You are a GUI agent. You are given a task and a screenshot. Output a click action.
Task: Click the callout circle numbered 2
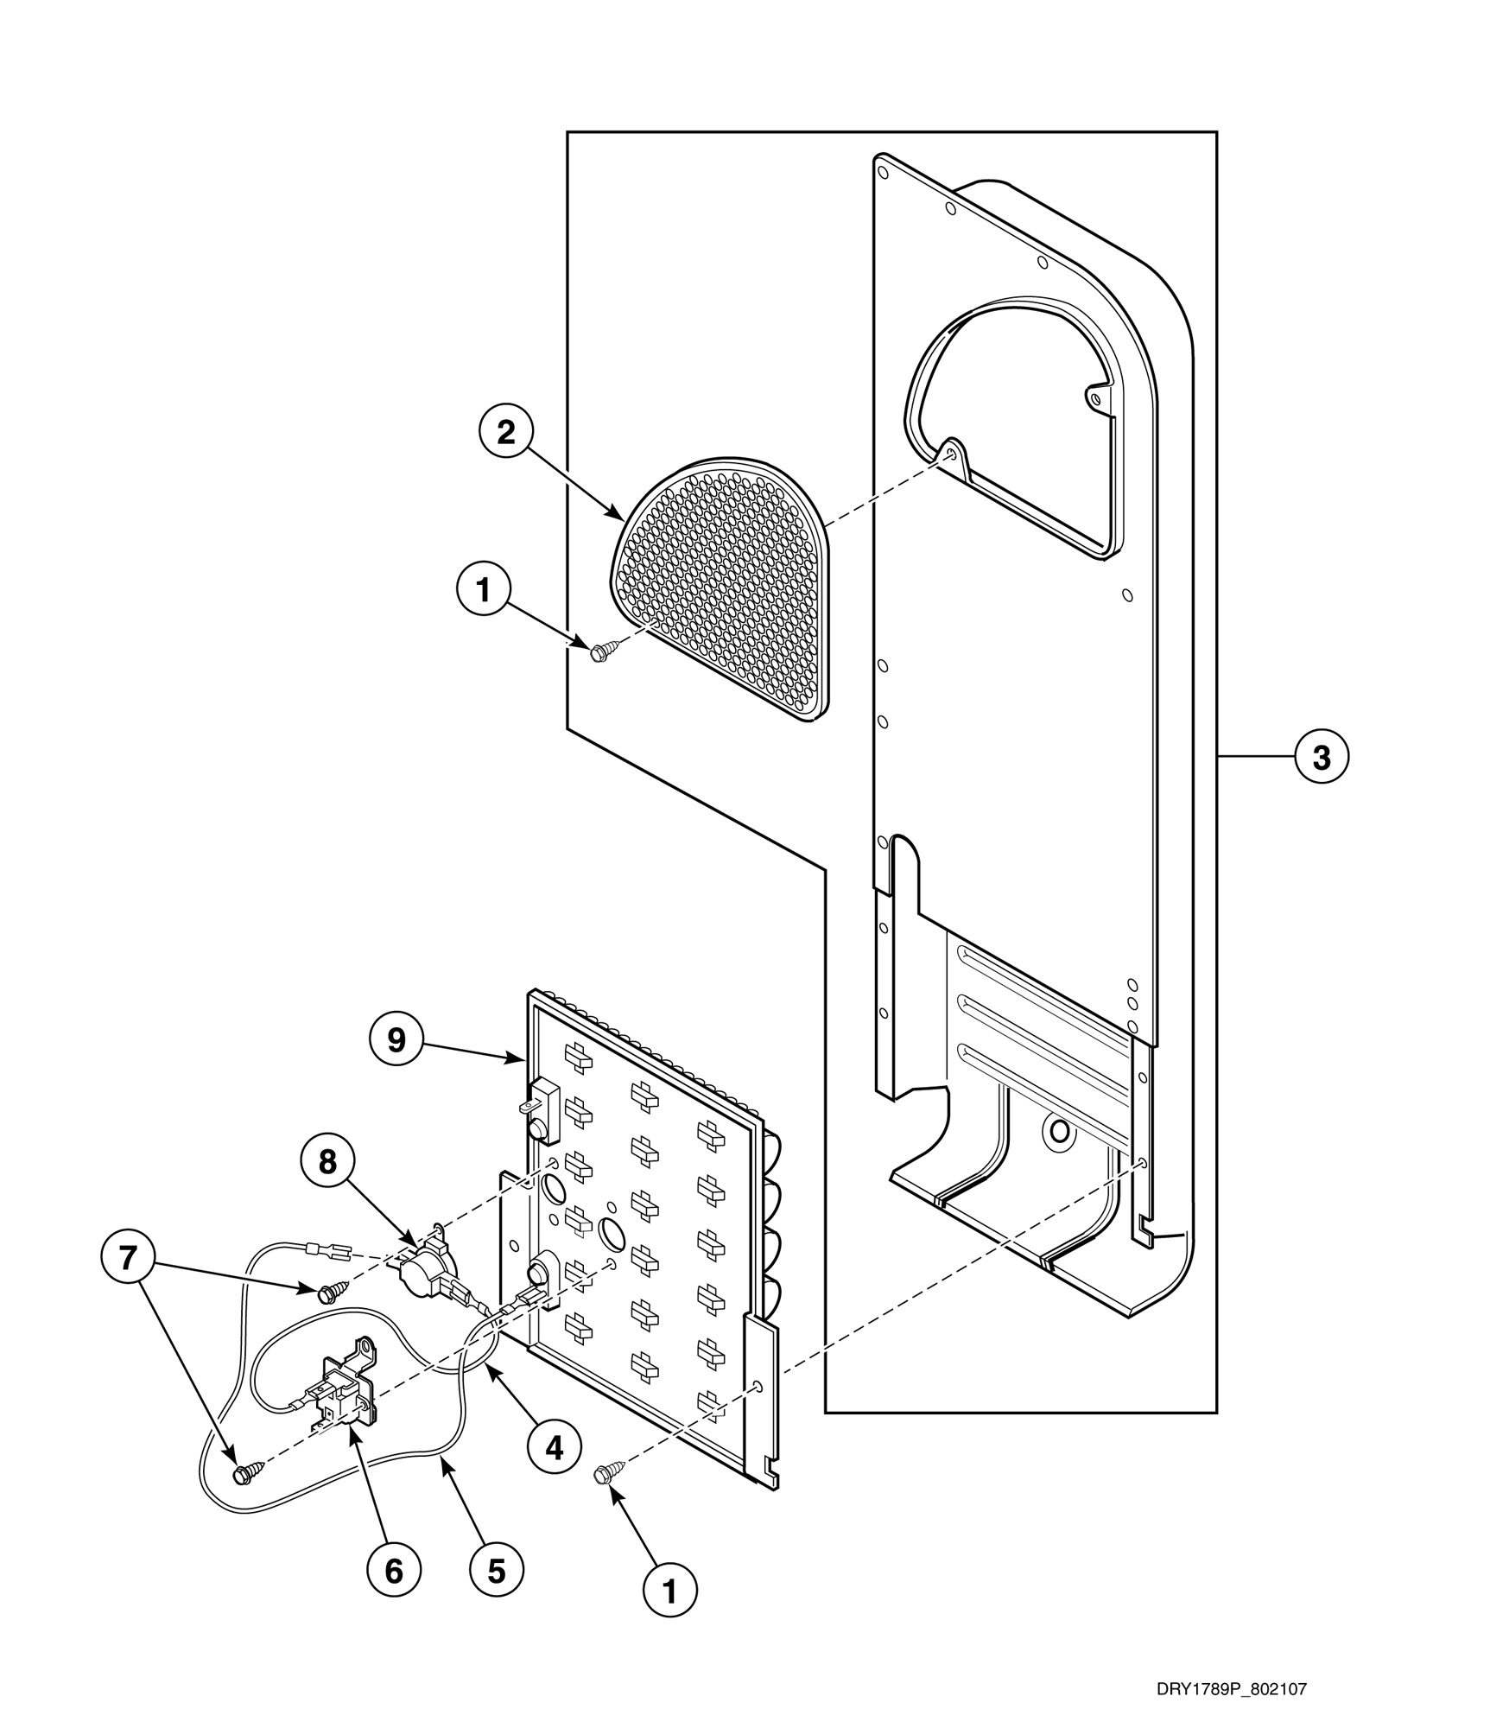[506, 433]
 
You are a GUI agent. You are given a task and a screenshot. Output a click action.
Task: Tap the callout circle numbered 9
[396, 1040]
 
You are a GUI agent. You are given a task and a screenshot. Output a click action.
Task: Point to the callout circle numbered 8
[327, 1162]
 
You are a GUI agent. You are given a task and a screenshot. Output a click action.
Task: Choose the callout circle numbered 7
[128, 1259]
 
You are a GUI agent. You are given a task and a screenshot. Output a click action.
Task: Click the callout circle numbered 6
[394, 1570]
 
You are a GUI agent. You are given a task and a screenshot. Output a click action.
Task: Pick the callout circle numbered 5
[496, 1570]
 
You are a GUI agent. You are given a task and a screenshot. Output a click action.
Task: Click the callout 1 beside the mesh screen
[483, 591]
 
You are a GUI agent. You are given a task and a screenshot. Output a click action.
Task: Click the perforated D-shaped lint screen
[726, 588]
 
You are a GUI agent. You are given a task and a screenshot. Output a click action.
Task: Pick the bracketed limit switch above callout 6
[346, 1391]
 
